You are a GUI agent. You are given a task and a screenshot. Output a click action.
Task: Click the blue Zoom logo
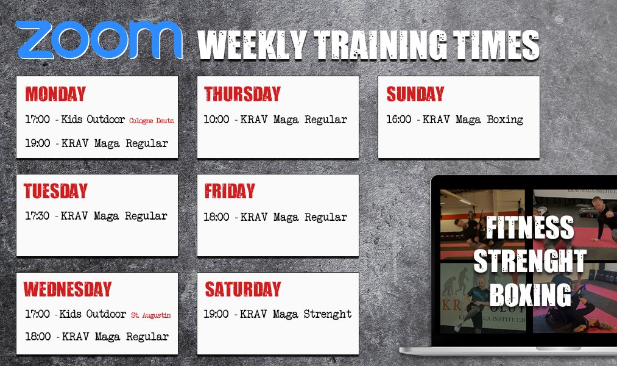click(x=99, y=40)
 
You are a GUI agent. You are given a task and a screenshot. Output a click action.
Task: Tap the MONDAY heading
click(x=55, y=94)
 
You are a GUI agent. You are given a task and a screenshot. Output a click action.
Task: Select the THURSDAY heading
click(x=242, y=94)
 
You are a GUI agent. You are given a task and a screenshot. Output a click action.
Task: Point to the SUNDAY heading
click(x=415, y=94)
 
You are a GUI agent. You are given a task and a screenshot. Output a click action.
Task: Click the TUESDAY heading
click(x=55, y=191)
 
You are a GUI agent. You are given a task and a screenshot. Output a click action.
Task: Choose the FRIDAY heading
click(x=230, y=191)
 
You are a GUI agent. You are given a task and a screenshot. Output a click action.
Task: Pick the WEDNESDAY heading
click(x=68, y=289)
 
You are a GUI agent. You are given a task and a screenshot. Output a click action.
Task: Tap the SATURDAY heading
click(x=243, y=289)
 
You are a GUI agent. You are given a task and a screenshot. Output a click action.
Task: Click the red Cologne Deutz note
click(x=152, y=121)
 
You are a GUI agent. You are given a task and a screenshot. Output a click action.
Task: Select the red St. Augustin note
click(x=151, y=315)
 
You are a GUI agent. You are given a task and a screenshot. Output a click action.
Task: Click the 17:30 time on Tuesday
click(x=37, y=215)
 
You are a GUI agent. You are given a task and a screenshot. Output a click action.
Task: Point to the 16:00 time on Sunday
click(x=399, y=119)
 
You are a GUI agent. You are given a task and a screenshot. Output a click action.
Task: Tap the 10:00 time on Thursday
click(x=216, y=119)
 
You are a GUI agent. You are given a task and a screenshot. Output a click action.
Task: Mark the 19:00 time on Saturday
click(x=216, y=314)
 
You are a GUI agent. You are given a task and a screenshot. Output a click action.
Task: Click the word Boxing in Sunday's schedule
click(x=506, y=120)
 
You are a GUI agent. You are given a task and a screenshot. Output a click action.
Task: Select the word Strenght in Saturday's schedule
click(x=328, y=314)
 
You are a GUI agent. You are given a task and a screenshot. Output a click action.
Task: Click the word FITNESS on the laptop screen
click(x=530, y=228)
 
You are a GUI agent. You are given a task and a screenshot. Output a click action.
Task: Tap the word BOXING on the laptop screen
click(x=531, y=295)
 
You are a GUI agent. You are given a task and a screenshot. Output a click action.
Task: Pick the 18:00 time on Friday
click(x=216, y=217)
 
